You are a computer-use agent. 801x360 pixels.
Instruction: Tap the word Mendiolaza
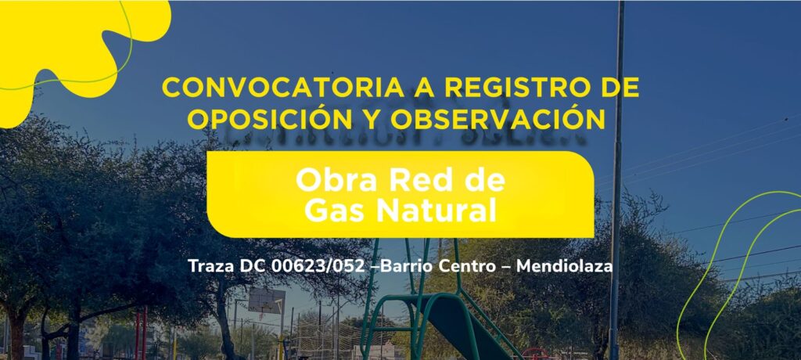click(x=564, y=266)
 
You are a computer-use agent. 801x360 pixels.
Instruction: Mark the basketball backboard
click(x=267, y=301)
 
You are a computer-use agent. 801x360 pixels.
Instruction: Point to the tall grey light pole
click(x=616, y=180)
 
